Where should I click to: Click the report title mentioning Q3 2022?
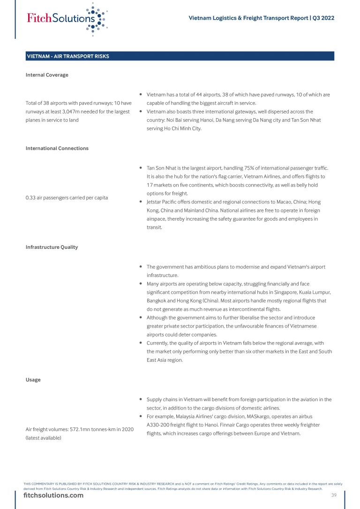point(261,18)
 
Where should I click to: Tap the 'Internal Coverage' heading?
point(47,75)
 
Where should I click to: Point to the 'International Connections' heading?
point(57,148)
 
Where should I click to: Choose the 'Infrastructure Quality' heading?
point(52,247)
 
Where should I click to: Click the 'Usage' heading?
point(33,380)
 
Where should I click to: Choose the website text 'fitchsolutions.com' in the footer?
point(53,495)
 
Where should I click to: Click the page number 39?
point(334,495)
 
